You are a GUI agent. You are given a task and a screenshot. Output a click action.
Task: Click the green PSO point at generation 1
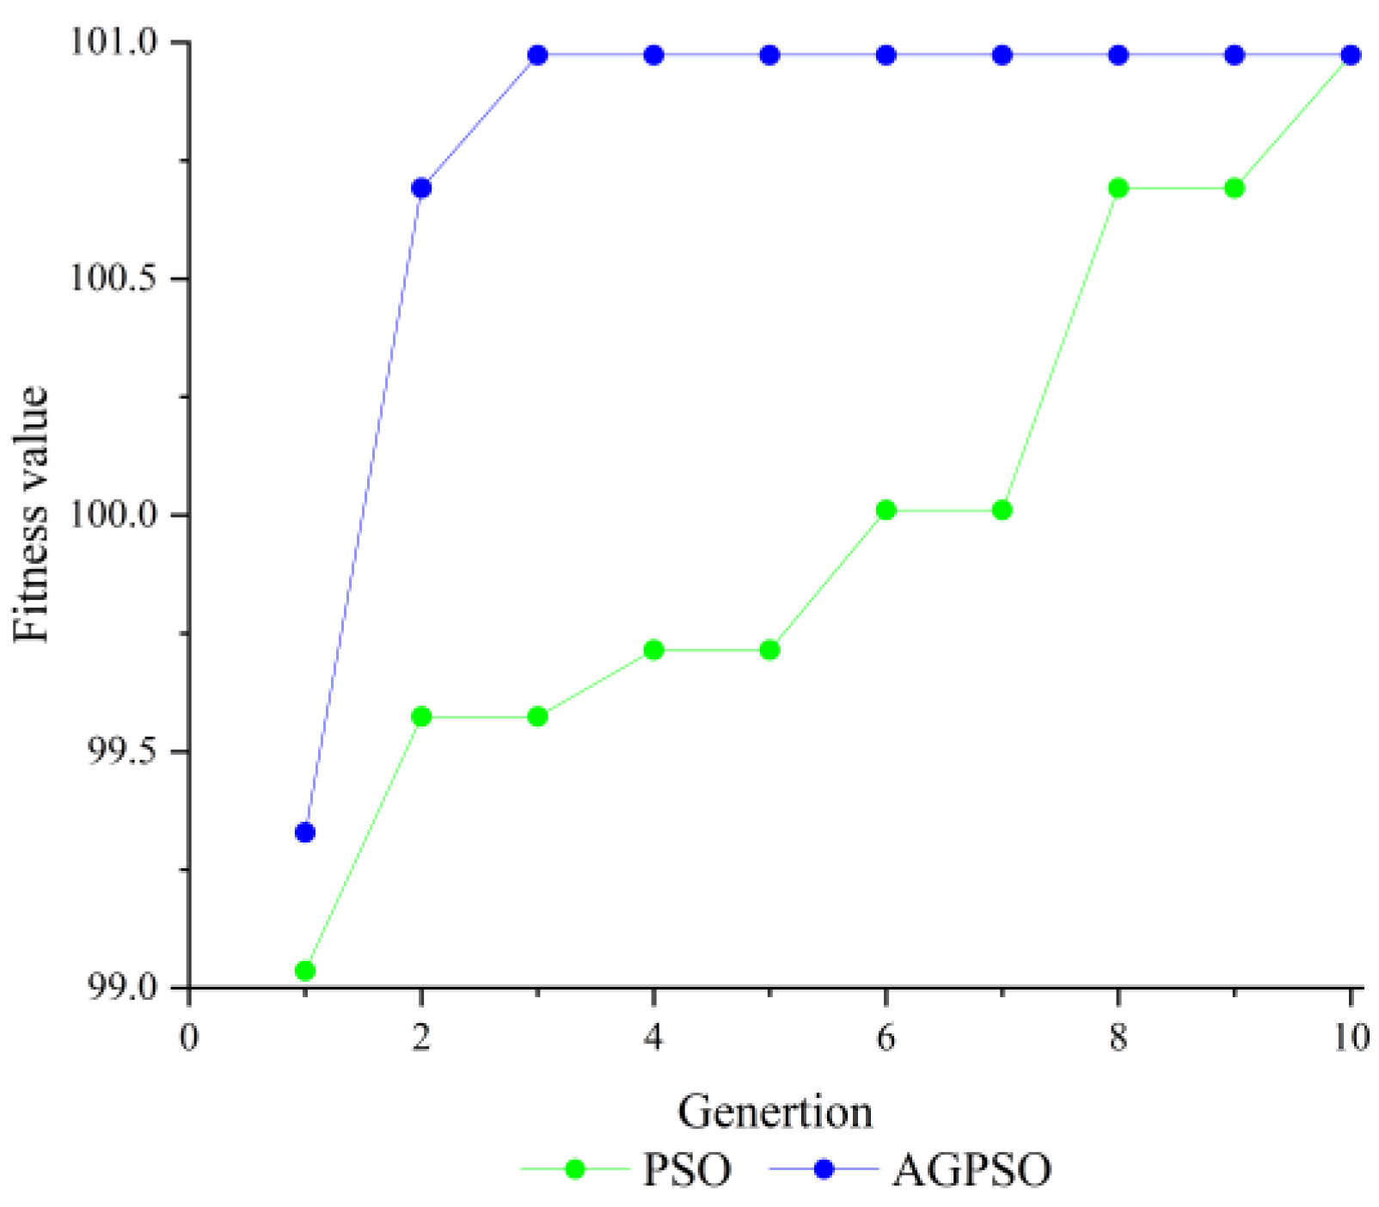[x=304, y=971]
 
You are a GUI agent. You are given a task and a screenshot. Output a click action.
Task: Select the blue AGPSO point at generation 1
[x=304, y=832]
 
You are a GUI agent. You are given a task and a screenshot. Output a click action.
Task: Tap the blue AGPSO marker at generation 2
[x=421, y=188]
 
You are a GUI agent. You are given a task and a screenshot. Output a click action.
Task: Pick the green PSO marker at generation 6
[x=886, y=511]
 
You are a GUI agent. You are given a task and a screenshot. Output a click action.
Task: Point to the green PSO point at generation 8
[x=1118, y=188]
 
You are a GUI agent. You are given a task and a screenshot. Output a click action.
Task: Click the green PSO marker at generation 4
[x=653, y=650]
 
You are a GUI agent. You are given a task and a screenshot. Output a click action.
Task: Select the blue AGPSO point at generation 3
[x=537, y=56]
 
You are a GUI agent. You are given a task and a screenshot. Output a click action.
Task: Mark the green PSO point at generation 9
[x=1235, y=188]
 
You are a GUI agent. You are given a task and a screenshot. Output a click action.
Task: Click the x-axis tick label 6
[x=886, y=1038]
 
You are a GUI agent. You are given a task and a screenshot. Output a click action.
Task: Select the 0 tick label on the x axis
[x=188, y=1038]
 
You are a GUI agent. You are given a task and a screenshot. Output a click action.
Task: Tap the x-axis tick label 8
[x=1118, y=1038]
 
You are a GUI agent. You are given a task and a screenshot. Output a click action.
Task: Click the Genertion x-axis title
[x=775, y=1112]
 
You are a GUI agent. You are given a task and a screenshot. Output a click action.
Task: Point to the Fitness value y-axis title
[x=32, y=514]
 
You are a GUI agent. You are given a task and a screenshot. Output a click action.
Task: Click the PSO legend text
[x=687, y=1170]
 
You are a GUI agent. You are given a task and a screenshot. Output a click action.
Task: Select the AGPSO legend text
[x=971, y=1170]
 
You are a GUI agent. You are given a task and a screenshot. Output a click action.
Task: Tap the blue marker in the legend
[x=824, y=1169]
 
